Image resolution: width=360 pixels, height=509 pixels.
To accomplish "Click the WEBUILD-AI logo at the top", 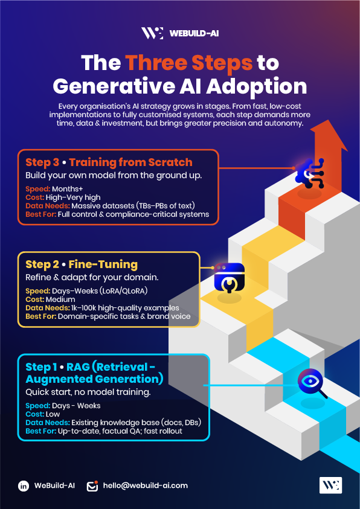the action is pos(180,33).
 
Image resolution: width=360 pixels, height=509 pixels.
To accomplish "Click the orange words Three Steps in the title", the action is pos(189,62).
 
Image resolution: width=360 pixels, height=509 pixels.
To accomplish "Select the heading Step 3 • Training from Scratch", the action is pos(109,162).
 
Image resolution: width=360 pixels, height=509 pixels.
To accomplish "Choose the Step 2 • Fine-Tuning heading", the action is pos(82,264).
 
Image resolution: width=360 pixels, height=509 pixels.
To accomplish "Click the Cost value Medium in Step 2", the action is pos(60,299).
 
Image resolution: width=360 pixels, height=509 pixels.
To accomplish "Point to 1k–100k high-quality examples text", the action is pos(125,307).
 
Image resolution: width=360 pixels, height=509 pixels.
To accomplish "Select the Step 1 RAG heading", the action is pos(94,373).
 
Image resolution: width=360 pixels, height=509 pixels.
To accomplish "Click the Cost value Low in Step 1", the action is pos(53,414).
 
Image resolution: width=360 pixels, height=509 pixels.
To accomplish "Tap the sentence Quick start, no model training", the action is pos(88,392).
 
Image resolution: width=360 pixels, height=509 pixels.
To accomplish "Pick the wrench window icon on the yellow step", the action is pos(229,277).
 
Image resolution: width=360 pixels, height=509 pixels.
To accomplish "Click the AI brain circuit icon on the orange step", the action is pos(309,173).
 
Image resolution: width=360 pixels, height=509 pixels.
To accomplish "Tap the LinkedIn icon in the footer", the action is pos(24,486).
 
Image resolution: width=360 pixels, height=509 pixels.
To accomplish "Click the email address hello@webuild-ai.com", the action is pos(146,485).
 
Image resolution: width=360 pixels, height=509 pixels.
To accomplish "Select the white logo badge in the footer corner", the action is pos(330,485).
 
